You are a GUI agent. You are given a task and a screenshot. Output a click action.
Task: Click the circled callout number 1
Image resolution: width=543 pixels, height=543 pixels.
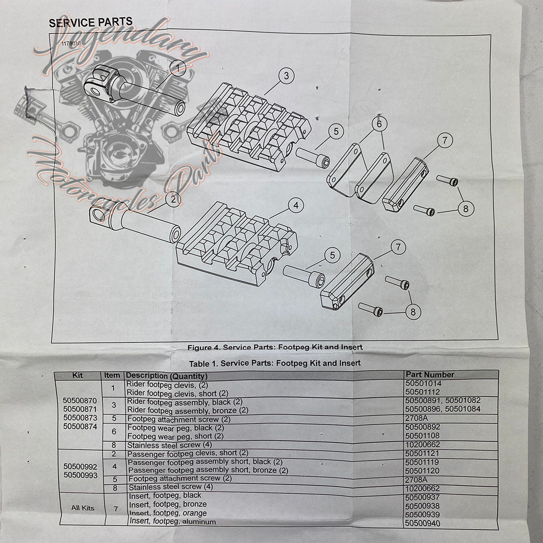click(178, 67)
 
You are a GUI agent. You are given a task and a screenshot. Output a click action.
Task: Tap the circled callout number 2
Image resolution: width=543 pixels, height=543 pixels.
click(173, 200)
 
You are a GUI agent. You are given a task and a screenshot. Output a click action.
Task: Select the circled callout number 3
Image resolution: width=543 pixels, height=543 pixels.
click(287, 76)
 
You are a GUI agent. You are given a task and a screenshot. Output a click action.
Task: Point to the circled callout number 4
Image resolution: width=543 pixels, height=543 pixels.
click(295, 205)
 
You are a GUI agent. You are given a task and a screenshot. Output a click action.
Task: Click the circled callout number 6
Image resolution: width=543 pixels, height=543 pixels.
click(379, 124)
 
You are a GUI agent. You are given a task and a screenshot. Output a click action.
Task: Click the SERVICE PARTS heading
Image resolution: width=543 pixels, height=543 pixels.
click(90, 22)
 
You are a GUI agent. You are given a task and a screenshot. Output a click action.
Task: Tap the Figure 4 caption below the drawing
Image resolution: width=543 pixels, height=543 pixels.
click(275, 347)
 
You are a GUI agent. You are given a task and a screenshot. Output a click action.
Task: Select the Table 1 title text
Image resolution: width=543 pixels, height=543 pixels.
click(274, 363)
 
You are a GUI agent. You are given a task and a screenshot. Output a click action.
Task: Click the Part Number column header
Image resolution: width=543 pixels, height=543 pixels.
click(430, 374)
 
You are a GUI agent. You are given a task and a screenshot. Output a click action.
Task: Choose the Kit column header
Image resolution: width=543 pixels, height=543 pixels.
click(78, 375)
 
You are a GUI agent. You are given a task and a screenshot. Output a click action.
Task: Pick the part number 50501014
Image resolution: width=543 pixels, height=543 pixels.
click(423, 383)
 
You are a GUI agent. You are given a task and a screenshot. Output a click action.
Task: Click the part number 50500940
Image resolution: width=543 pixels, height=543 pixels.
click(422, 524)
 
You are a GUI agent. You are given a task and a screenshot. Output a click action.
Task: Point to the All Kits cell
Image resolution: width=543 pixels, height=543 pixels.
click(83, 508)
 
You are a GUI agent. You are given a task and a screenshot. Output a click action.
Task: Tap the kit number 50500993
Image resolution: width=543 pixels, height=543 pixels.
click(80, 475)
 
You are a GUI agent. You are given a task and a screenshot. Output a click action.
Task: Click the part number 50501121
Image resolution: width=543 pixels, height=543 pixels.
click(423, 453)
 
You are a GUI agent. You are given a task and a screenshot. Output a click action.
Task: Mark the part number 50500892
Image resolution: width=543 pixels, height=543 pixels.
click(423, 427)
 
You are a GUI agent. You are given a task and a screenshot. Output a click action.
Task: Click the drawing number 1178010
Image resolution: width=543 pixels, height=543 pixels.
click(71, 44)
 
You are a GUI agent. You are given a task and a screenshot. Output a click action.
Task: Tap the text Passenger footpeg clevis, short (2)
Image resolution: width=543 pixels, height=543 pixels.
click(188, 453)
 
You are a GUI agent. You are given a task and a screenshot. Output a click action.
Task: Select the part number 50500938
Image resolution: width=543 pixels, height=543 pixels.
click(422, 506)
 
